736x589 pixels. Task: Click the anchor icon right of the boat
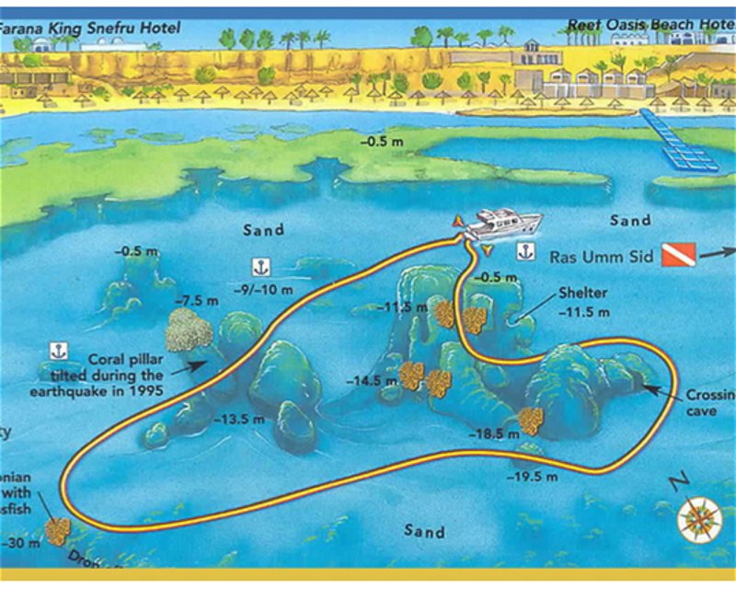(x=524, y=250)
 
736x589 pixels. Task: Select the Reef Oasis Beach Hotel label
(x=649, y=25)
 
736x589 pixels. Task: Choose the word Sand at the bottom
(x=424, y=531)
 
